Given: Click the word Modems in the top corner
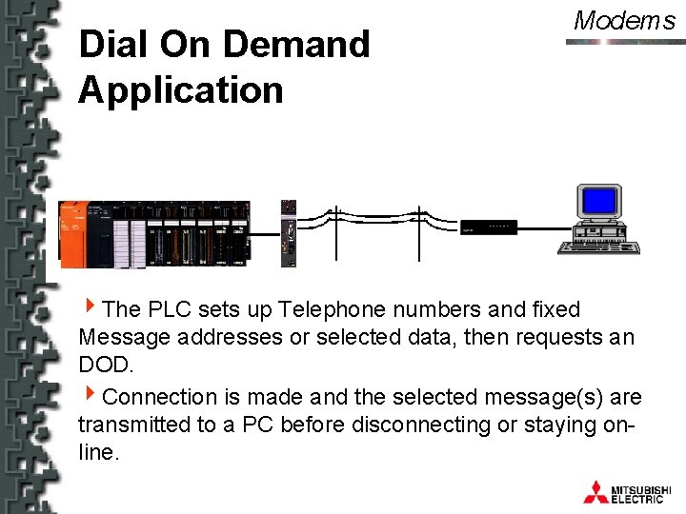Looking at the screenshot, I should point(624,21).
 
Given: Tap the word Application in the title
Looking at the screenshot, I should point(181,90).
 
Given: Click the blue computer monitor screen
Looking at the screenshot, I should point(600,201).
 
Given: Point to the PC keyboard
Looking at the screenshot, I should point(598,247).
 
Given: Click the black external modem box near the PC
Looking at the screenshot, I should point(489,227).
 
